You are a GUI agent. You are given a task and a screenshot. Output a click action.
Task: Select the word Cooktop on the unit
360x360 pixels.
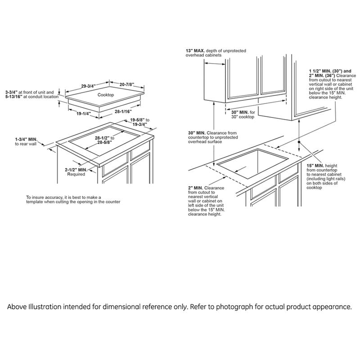[106, 95]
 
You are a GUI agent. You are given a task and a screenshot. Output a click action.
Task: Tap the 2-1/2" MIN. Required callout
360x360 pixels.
[76, 170]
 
